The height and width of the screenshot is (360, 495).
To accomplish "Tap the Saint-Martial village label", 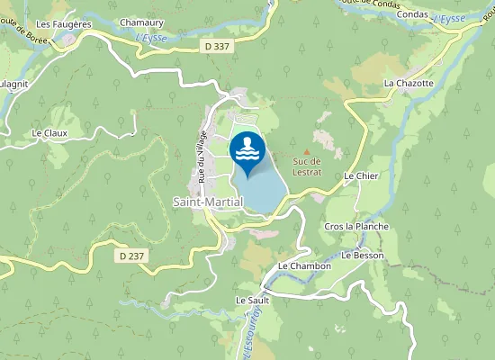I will click(208, 202).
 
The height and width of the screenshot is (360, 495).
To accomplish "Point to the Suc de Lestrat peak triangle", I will click(307, 151).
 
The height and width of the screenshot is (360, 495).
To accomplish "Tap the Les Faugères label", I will click(63, 24).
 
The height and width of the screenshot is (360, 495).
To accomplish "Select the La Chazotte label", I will click(409, 83).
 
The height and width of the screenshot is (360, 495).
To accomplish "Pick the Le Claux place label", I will click(49, 133).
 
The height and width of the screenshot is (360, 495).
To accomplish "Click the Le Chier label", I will click(361, 176).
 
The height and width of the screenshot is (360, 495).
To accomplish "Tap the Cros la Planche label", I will click(356, 226).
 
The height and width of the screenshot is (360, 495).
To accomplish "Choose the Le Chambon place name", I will click(305, 265).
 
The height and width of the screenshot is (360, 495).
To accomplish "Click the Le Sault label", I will click(253, 300).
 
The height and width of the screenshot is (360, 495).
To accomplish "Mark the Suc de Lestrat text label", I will click(307, 166).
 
